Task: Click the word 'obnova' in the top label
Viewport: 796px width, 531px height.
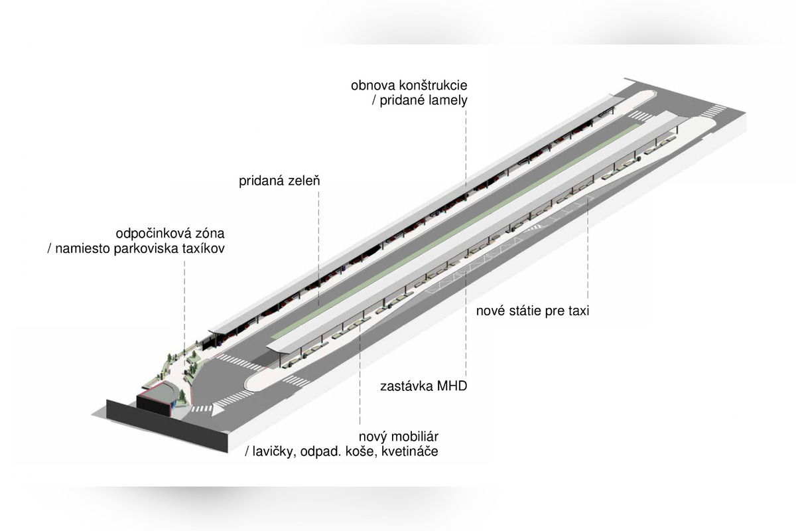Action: coord(373,86)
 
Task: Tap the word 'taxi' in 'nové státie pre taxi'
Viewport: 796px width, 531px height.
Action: coord(578,311)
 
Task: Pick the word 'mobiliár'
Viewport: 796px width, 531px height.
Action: coord(415,436)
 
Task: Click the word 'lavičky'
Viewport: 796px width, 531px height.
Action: coord(273,452)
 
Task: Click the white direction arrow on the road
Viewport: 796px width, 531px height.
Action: coord(218,409)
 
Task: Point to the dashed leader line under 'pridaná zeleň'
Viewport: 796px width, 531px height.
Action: coord(318,247)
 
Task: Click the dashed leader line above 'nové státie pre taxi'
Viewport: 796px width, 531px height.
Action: coord(588,249)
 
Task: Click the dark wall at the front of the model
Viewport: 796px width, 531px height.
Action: coord(167,426)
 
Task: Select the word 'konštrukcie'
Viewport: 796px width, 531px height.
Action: coord(433,86)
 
